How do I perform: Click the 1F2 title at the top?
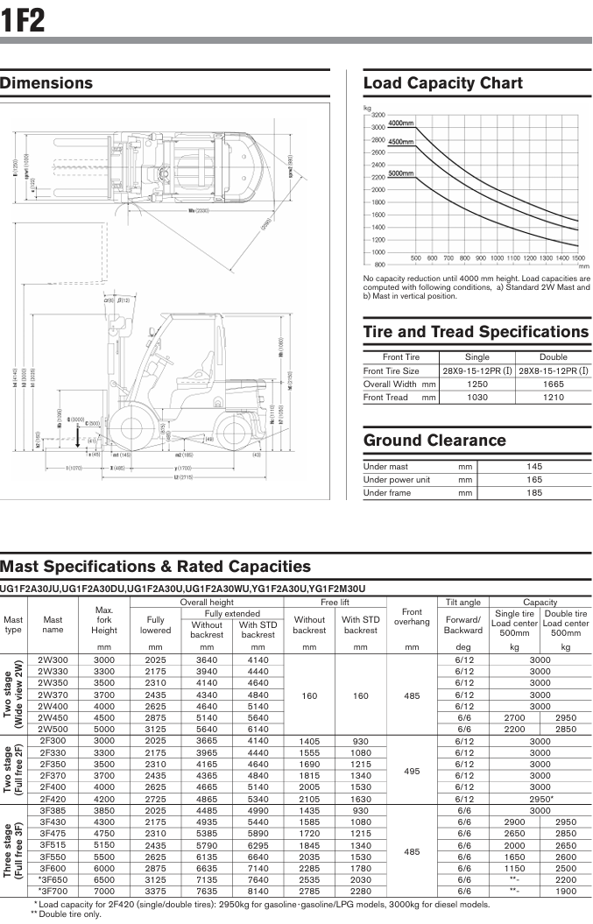click(24, 18)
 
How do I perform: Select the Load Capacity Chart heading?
click(442, 84)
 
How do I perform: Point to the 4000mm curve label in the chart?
click(401, 123)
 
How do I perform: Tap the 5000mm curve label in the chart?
click(401, 173)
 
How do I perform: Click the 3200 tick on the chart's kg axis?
click(378, 115)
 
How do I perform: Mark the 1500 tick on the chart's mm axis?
click(578, 258)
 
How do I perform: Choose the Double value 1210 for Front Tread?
click(553, 398)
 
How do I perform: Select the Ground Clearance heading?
click(434, 441)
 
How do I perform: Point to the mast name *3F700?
click(53, 891)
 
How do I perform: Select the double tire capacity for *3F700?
click(566, 891)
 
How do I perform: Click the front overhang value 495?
click(412, 775)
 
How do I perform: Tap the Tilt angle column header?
click(462, 603)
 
